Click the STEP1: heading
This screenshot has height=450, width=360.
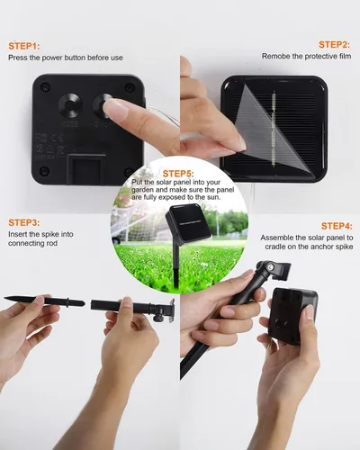[x=24, y=46]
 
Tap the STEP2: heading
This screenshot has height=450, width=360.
[x=334, y=45]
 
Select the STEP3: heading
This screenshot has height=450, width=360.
[x=24, y=222]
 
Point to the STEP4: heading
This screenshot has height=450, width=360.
[x=337, y=226]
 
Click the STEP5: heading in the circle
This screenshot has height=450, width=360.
[x=178, y=174]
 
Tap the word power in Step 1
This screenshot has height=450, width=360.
[x=52, y=58]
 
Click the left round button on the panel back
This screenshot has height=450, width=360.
[x=70, y=104]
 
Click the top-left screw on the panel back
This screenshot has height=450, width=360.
[x=45, y=87]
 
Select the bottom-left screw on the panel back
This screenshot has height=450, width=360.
[x=44, y=171]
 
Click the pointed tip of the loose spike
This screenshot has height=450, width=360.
[x=5, y=298]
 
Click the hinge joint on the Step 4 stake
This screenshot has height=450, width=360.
[x=265, y=266]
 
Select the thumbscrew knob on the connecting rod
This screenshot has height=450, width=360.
[x=158, y=317]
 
